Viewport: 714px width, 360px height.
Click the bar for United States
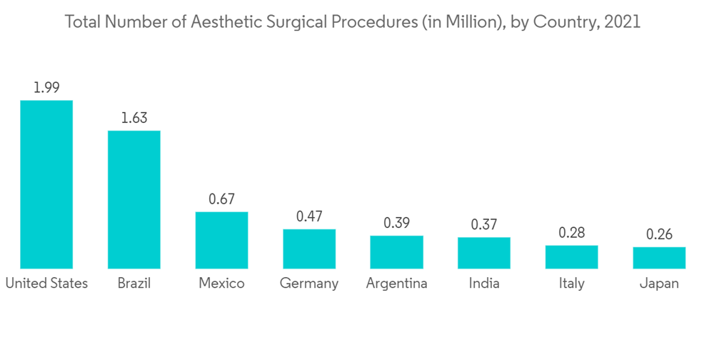46,184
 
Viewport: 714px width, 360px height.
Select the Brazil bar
134,199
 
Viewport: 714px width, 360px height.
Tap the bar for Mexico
221,240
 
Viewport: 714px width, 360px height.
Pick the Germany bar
309,249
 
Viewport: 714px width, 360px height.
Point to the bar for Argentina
396,252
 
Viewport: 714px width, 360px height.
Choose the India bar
484,253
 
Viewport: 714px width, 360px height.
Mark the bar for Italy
571,256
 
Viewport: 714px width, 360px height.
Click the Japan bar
659,258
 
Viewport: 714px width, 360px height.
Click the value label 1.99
46,88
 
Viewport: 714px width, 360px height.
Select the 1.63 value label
134,118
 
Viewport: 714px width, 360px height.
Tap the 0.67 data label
221,199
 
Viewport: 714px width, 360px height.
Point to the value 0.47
309,216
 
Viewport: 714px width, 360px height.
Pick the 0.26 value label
659,234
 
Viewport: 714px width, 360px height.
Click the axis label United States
46,284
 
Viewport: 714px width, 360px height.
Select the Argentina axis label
396,284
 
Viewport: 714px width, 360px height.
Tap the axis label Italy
571,284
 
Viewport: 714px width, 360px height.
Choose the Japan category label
659,284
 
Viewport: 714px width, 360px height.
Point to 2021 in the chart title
622,22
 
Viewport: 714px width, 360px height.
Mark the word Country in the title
570,22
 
